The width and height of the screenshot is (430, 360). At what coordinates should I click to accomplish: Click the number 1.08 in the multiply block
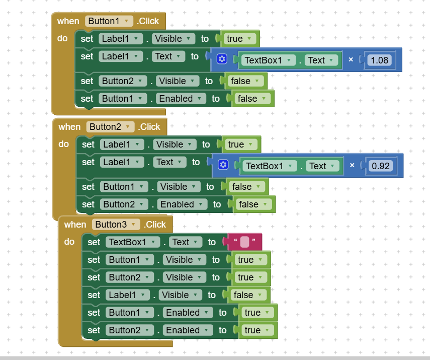click(x=379, y=60)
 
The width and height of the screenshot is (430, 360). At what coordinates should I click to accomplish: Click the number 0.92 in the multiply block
click(x=381, y=166)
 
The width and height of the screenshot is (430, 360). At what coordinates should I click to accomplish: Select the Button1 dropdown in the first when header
click(x=109, y=21)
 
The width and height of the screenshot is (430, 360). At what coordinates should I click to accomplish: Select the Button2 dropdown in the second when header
click(x=110, y=127)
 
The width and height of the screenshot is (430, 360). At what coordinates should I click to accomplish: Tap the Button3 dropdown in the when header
click(x=116, y=225)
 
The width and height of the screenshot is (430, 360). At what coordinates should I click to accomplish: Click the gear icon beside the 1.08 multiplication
click(x=222, y=59)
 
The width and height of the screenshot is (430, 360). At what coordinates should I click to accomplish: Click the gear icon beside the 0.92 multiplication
click(x=223, y=165)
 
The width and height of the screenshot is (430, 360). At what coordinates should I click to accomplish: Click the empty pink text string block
click(x=244, y=242)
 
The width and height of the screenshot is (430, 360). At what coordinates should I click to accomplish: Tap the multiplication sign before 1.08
click(x=351, y=59)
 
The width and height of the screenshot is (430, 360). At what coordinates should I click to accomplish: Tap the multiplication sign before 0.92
click(x=352, y=165)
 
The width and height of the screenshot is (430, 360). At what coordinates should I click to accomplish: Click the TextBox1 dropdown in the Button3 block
click(x=133, y=242)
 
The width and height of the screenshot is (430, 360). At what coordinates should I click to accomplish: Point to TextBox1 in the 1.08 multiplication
click(x=268, y=60)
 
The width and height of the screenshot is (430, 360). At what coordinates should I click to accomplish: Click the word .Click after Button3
click(x=155, y=225)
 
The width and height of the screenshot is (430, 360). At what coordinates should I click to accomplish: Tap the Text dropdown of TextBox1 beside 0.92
click(x=322, y=166)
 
